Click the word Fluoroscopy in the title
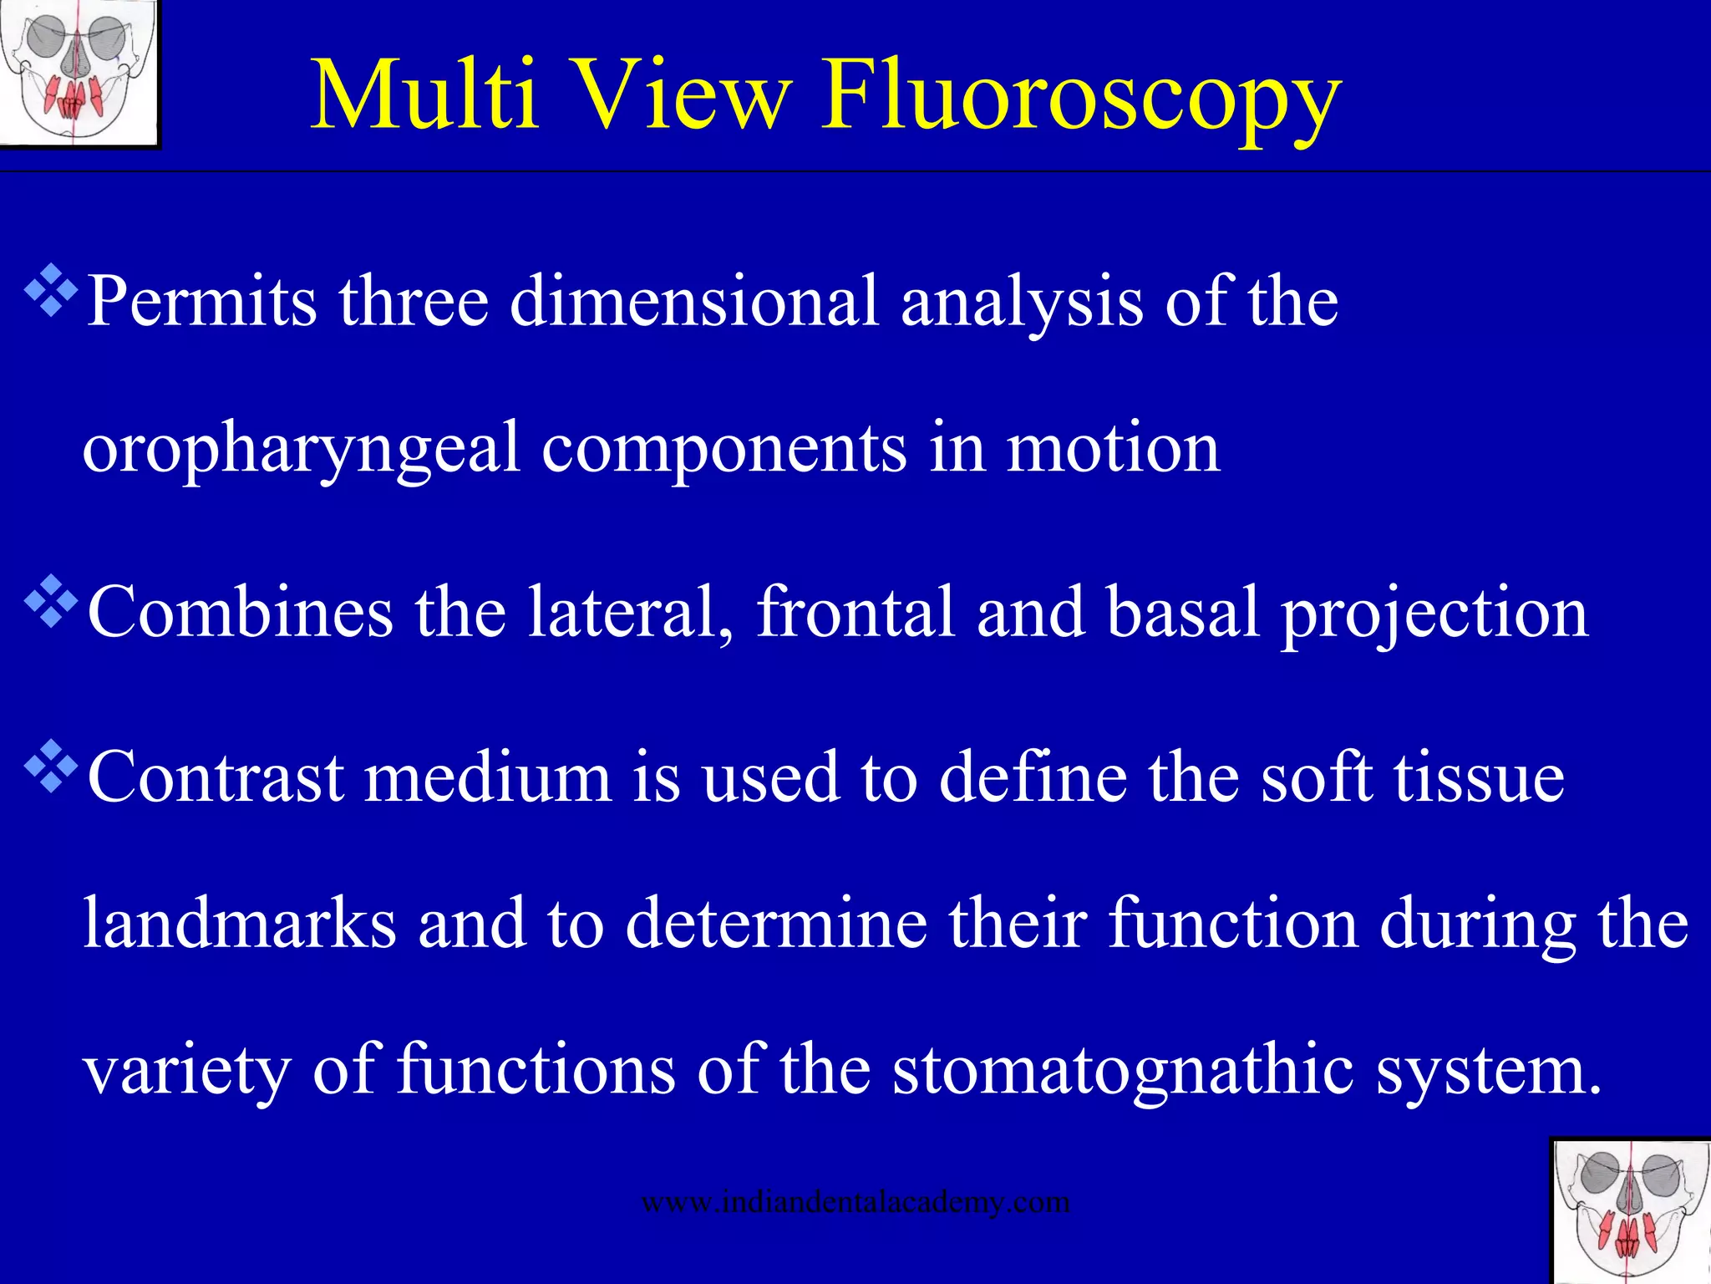pyautogui.click(x=1081, y=96)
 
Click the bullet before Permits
pyautogui.click(x=52, y=290)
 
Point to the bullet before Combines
pyautogui.click(x=52, y=601)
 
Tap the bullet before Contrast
pyautogui.click(x=52, y=766)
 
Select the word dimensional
pyautogui.click(x=693, y=301)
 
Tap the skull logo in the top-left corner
pyautogui.click(x=79, y=74)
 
